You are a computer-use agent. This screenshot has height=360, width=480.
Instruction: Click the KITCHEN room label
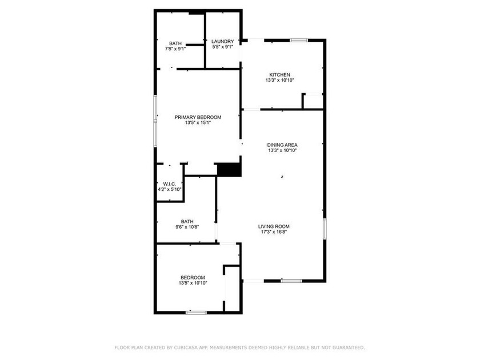coord(280,75)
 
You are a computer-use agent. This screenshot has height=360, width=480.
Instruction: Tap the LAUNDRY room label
coord(222,42)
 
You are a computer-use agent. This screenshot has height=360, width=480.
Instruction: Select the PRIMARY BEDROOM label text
coord(198,117)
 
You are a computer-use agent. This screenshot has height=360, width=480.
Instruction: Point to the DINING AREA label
coord(282,145)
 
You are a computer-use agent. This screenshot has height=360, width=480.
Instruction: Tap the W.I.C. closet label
coord(169,183)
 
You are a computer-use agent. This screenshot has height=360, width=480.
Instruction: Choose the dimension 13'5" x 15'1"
coord(198,123)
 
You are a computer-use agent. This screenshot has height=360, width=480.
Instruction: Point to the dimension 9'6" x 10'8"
coord(187,227)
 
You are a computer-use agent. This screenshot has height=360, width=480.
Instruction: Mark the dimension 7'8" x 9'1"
coord(175,49)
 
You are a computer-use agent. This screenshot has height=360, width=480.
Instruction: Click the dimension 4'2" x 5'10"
coord(169,189)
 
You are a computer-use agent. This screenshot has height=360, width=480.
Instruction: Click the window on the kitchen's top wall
coord(299,40)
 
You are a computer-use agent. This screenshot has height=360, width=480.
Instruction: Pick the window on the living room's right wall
coord(325,229)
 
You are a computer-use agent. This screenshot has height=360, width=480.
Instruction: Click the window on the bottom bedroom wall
coord(196,312)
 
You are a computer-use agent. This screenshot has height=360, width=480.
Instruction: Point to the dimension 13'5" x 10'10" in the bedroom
coord(193,283)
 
